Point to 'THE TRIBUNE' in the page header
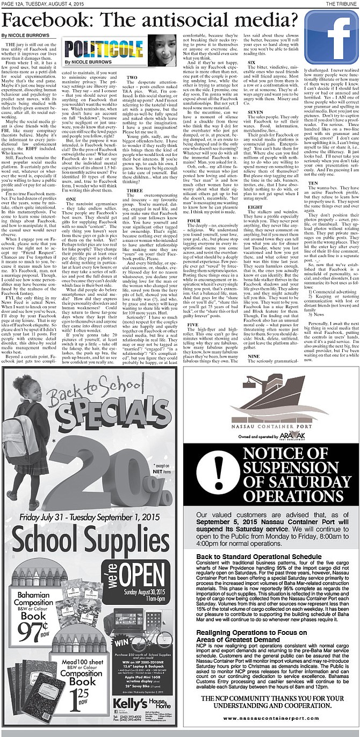click(x=341, y=3)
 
